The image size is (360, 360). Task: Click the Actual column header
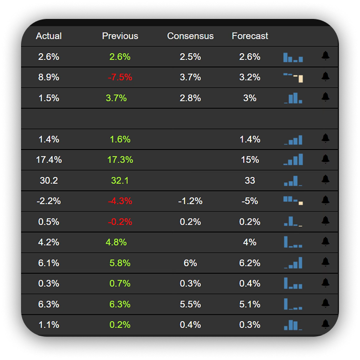48,36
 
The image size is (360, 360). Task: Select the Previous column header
120,36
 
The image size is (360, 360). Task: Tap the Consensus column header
191,36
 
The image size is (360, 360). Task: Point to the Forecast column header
250,36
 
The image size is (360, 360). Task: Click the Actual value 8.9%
48,77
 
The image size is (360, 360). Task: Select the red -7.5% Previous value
120,77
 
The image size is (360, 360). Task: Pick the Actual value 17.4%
48,160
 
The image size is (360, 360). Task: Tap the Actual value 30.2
48,181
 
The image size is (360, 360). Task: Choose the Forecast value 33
250,181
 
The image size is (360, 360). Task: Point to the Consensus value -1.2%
191,201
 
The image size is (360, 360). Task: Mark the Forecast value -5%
250,201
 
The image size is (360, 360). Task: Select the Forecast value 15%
250,160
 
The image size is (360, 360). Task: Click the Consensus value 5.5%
191,304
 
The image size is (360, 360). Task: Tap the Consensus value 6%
191,263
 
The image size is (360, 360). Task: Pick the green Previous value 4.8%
116,243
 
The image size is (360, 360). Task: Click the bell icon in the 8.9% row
325,76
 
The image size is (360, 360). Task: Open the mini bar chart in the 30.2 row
293,181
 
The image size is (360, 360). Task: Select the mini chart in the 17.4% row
293,159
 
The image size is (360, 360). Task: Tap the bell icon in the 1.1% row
325,324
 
